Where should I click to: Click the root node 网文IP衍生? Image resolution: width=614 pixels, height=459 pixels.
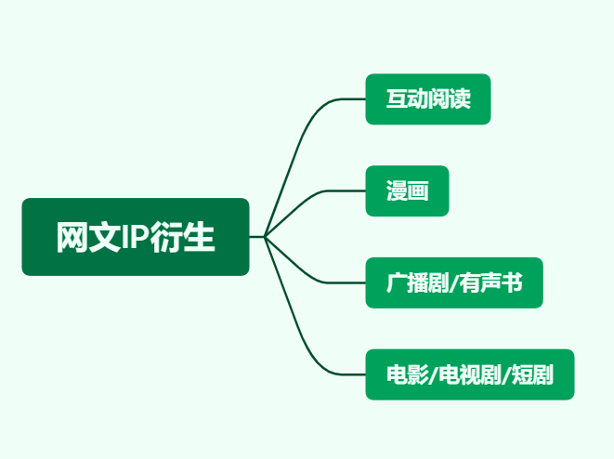(x=136, y=237)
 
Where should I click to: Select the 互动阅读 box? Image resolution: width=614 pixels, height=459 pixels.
(x=428, y=99)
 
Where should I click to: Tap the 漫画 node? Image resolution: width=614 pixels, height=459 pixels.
(x=407, y=190)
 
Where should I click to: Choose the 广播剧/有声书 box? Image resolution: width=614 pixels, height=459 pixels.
(x=454, y=282)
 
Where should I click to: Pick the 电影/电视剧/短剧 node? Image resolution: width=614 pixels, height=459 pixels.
(x=470, y=374)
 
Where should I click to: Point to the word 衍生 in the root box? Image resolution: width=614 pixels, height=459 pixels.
(x=182, y=237)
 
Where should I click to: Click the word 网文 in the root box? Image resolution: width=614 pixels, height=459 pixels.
(x=88, y=237)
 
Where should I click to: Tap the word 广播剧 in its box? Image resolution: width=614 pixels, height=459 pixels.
(x=417, y=282)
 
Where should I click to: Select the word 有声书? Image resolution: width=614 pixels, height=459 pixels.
(x=490, y=282)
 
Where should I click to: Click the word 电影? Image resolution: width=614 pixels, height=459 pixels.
(x=407, y=374)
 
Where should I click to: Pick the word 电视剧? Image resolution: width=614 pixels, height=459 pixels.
(x=469, y=374)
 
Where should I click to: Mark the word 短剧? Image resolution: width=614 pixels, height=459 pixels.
(x=532, y=374)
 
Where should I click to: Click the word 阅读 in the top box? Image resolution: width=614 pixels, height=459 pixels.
(x=450, y=98)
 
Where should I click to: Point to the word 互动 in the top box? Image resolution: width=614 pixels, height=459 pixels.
(x=407, y=98)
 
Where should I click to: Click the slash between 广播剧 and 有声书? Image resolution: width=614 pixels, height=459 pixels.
(x=454, y=283)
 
